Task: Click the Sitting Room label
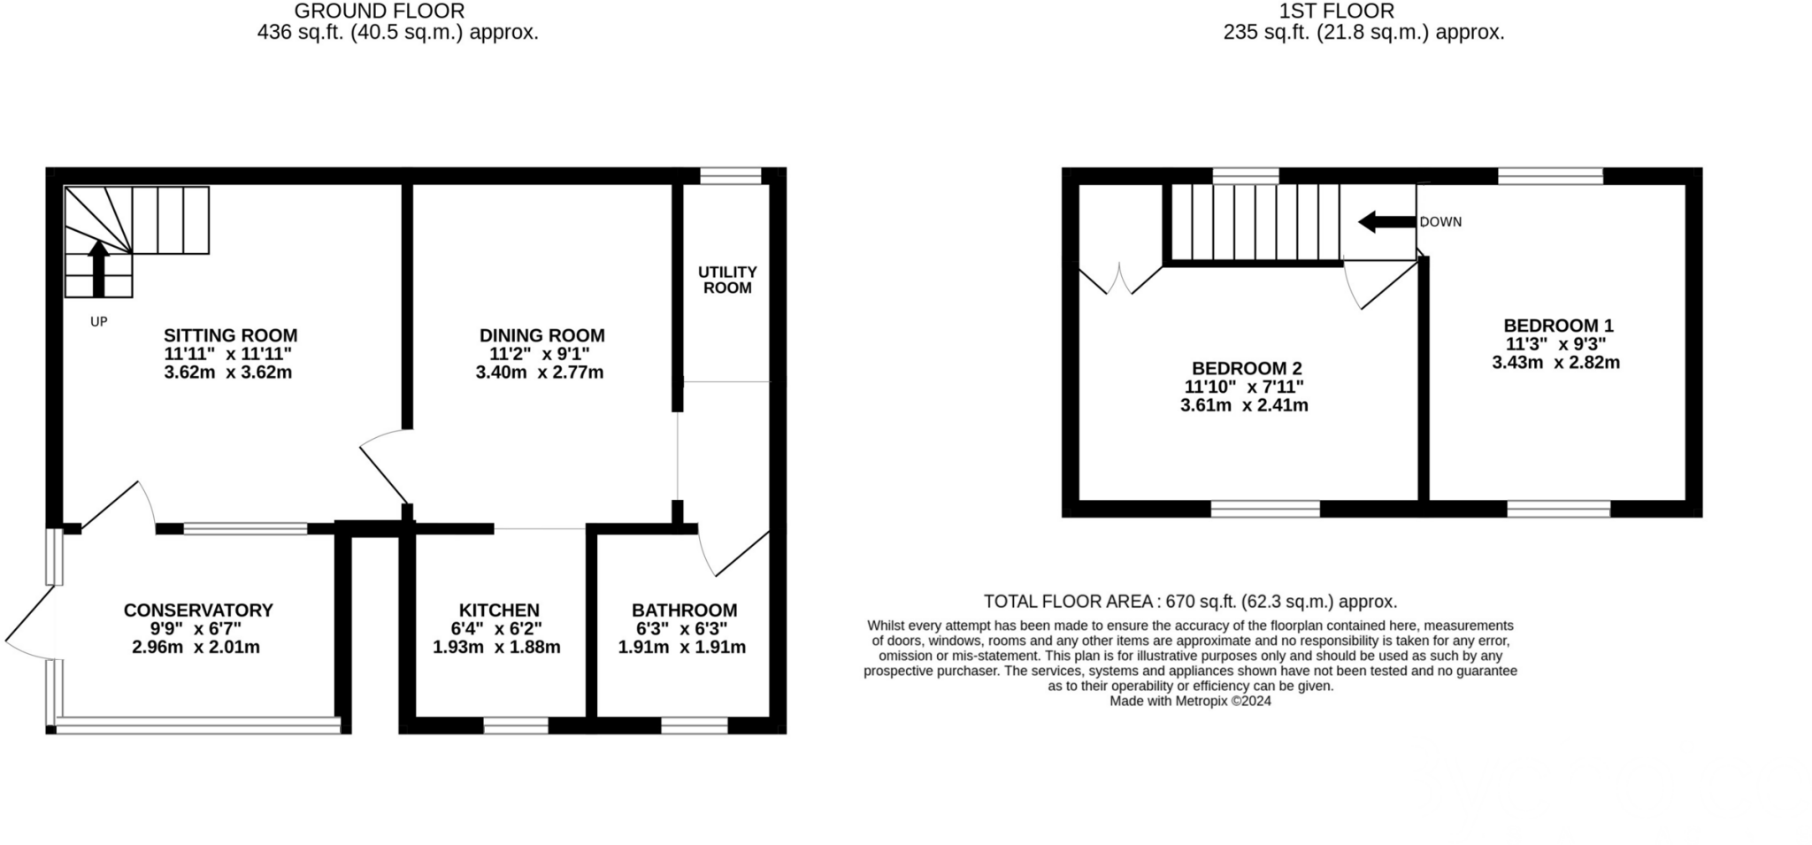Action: [x=230, y=335]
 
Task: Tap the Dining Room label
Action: [x=541, y=335]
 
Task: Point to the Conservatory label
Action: [x=198, y=610]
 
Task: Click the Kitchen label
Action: [x=499, y=610]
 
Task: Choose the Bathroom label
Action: [x=684, y=610]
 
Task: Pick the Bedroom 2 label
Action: [x=1246, y=368]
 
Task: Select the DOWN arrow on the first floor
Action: [x=1386, y=222]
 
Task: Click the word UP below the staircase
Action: [x=98, y=322]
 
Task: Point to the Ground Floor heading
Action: [x=379, y=12]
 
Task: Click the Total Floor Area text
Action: [x=1190, y=602]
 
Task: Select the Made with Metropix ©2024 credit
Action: [x=1190, y=701]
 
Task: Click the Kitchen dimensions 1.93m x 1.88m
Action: [x=496, y=647]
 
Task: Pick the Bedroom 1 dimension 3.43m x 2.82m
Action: [x=1555, y=362]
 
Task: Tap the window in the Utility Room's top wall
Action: [x=730, y=175]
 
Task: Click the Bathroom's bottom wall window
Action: [x=695, y=726]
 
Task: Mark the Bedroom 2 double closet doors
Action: [x=1120, y=278]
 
